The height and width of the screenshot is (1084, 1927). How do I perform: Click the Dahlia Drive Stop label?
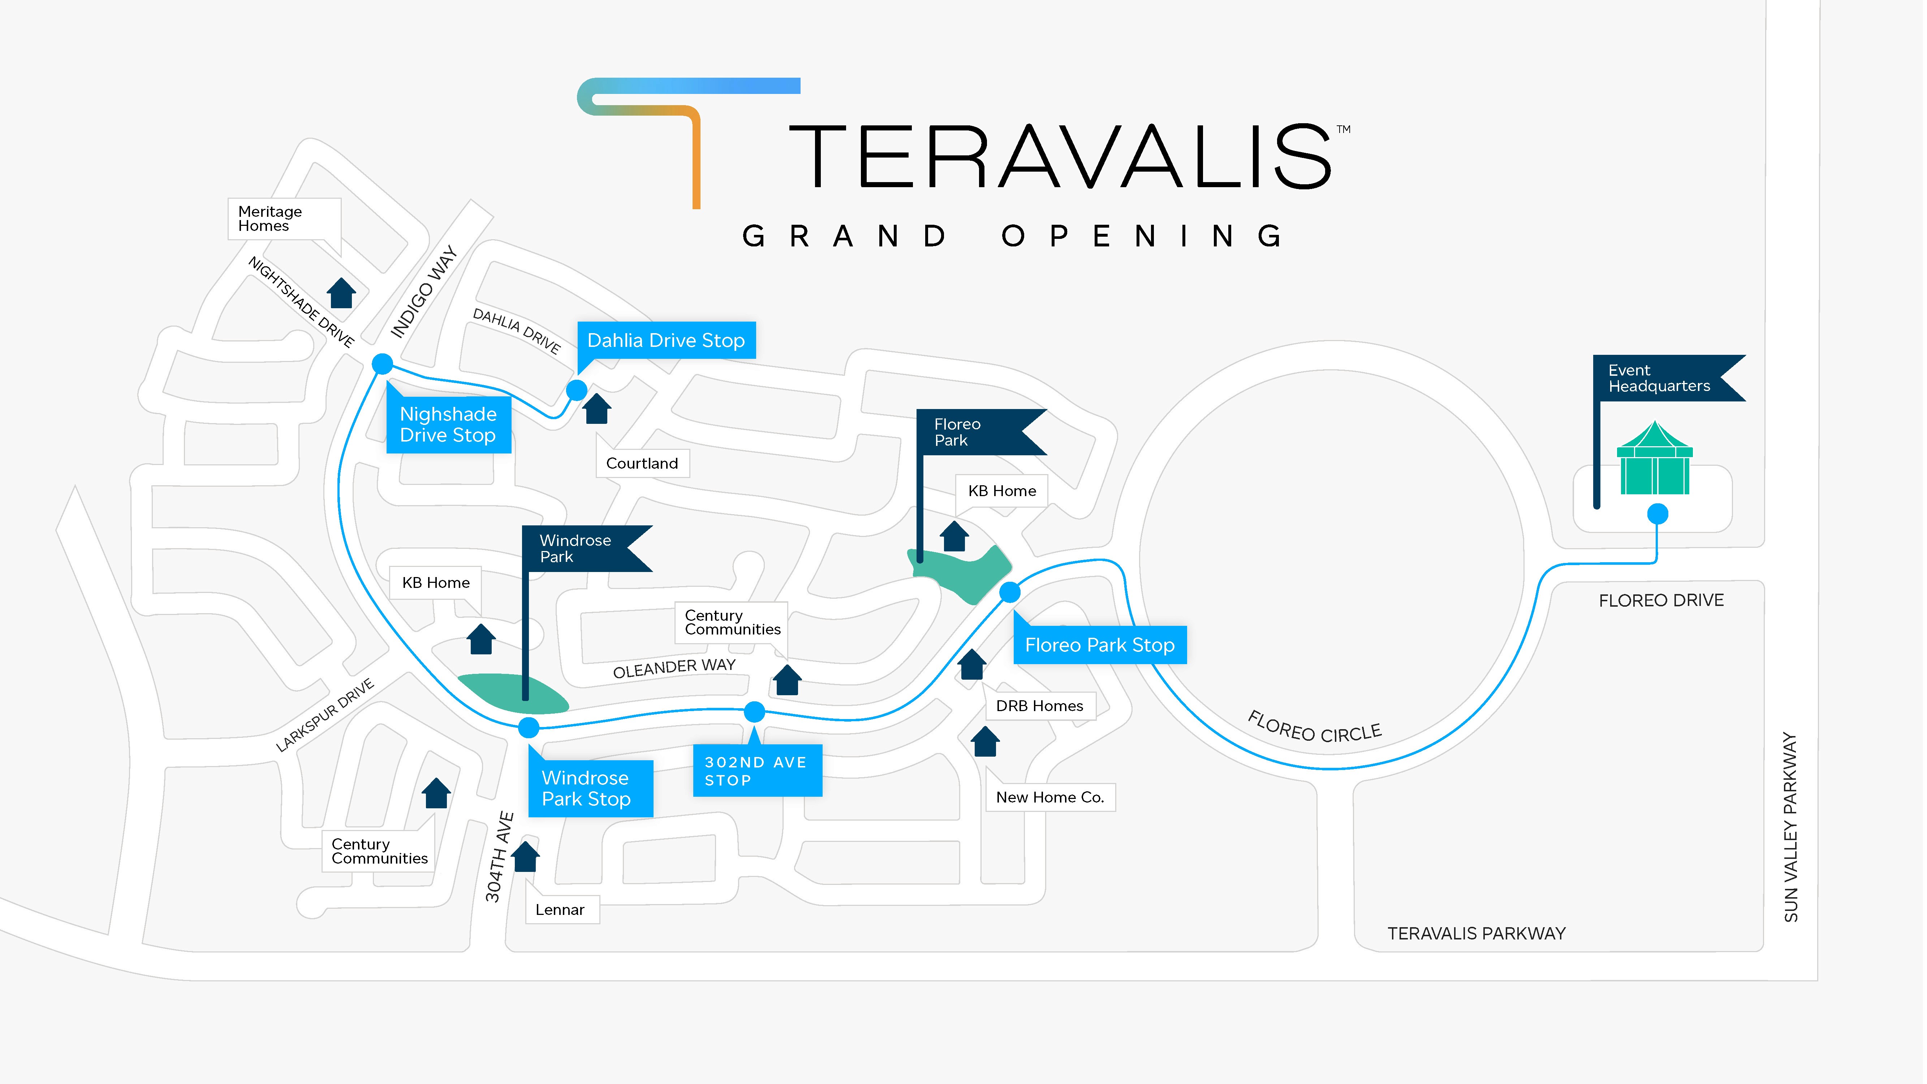tap(666, 340)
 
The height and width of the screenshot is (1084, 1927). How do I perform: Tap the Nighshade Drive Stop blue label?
tap(448, 425)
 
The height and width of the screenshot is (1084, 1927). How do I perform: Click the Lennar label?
tap(560, 910)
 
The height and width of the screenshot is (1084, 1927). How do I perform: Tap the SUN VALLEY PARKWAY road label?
tap(1790, 827)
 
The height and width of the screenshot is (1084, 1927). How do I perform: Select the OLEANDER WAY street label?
tap(674, 668)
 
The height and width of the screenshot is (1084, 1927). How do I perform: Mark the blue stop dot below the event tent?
tap(1658, 514)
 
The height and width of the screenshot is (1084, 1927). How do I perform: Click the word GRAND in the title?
tap(845, 236)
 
